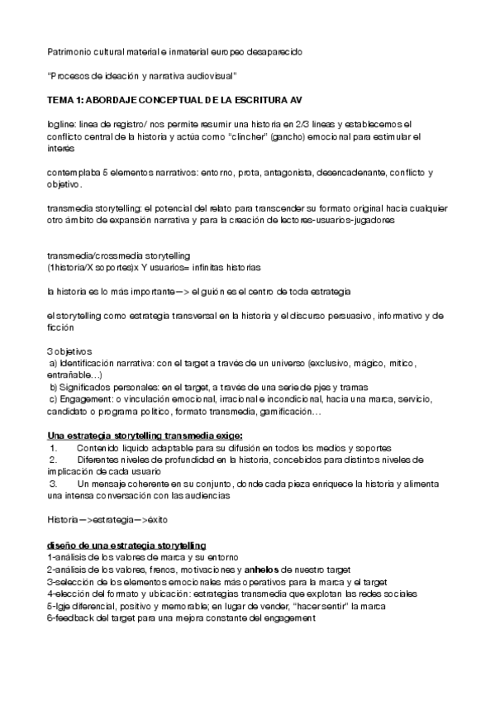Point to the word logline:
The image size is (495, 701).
tap(61, 124)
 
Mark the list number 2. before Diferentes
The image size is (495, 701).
tap(54, 460)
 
